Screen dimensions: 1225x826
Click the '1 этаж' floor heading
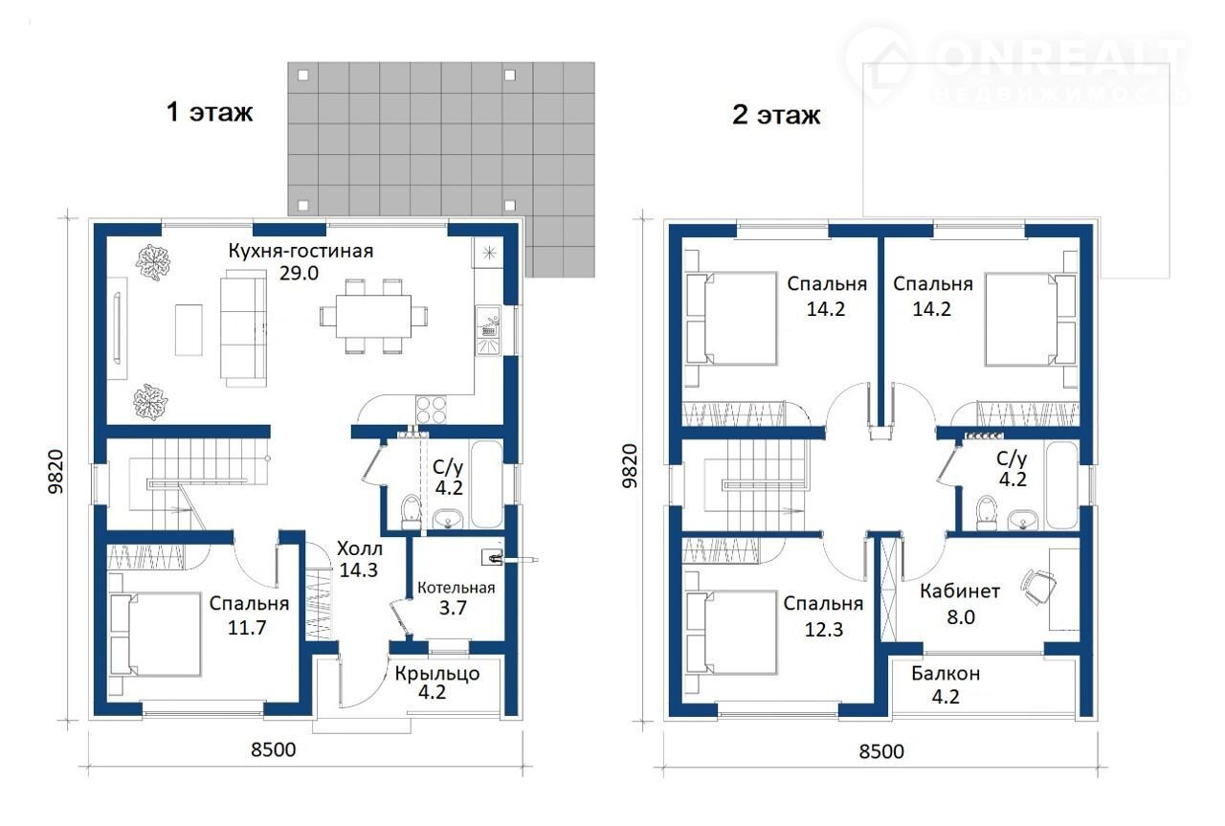[x=210, y=112]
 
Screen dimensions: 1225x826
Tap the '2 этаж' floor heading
[x=776, y=115]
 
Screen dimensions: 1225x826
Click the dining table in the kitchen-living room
[x=373, y=317]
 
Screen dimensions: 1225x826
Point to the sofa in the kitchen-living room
[x=244, y=331]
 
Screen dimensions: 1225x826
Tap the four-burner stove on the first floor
[x=431, y=410]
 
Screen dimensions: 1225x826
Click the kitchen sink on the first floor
[x=488, y=330]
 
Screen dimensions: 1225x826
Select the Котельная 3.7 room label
[x=456, y=598]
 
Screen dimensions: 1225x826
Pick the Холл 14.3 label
[x=359, y=559]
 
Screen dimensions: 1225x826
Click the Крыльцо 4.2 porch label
[x=437, y=682]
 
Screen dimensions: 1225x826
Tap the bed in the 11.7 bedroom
[x=155, y=634]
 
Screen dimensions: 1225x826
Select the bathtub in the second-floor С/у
[x=1061, y=486]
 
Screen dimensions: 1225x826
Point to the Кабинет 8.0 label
[x=960, y=604]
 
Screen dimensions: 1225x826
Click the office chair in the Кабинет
[x=1037, y=587]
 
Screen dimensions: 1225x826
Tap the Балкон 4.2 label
[x=946, y=684]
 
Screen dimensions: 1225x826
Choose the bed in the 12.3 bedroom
[x=731, y=632]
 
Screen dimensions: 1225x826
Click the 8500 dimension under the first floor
[x=274, y=749]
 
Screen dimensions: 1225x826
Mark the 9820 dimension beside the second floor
[x=630, y=465]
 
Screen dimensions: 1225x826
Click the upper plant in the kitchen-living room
[x=153, y=262]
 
